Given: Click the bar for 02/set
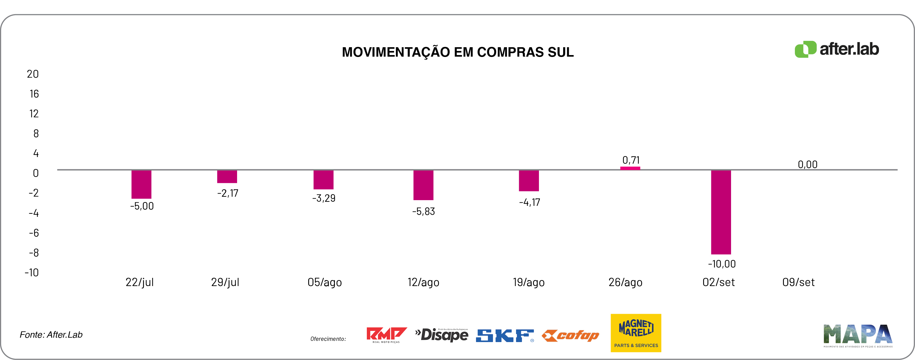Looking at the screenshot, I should tap(721, 212).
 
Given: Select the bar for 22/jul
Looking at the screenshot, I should tap(141, 184).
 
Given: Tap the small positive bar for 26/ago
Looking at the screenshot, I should tap(630, 168).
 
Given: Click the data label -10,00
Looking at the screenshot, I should tap(722, 264).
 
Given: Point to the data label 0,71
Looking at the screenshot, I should tap(631, 160).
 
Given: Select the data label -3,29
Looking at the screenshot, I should tap(324, 198).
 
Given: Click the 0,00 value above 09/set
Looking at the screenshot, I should tap(807, 165).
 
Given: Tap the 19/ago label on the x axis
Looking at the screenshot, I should tap(529, 283).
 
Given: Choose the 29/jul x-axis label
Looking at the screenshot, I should tap(225, 283).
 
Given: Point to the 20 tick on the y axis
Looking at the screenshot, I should tap(33, 74).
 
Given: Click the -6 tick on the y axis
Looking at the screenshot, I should tap(34, 233).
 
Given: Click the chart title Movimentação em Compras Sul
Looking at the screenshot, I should tap(457, 52).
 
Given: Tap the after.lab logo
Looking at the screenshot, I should tap(836, 49).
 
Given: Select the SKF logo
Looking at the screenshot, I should tap(505, 336).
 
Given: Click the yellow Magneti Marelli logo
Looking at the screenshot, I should tap(636, 333).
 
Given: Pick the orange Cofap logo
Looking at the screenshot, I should tap(570, 335).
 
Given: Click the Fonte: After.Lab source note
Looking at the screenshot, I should tap(51, 335).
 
